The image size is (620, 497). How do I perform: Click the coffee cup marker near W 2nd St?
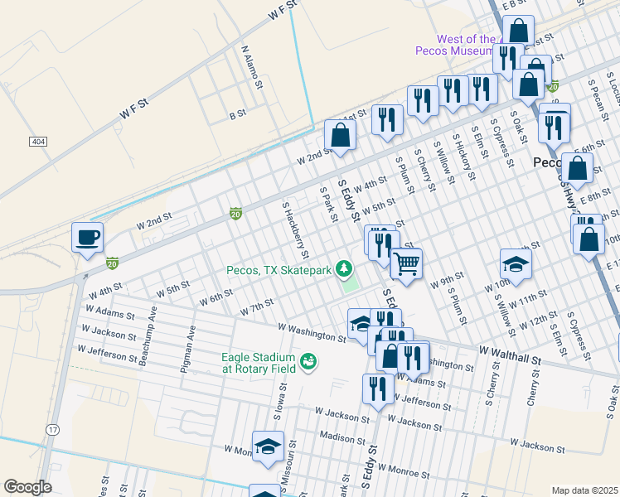coord(87,239)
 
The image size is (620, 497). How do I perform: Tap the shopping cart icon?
coord(406,264)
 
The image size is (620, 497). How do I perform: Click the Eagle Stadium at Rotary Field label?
coord(258,363)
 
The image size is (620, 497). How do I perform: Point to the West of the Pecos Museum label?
coord(455,45)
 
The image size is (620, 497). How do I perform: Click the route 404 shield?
coord(37,142)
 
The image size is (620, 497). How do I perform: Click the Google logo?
coord(28,487)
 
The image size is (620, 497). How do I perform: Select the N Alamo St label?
coord(252,67)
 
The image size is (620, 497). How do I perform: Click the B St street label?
coord(238,113)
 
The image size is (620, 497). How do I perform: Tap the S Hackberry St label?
coord(295,229)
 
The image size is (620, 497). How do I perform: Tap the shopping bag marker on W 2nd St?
coord(340,135)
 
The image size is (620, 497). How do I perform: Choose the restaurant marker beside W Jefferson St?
coord(378,388)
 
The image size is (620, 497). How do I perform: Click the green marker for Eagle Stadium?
coord(308,361)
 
